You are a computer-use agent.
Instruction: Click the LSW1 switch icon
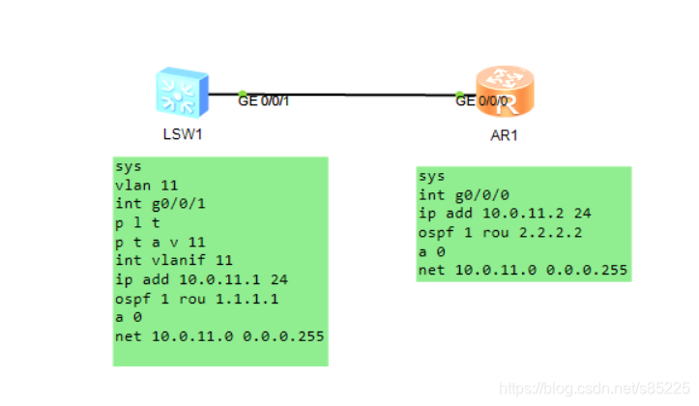tap(181, 93)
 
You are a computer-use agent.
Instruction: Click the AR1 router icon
tap(503, 93)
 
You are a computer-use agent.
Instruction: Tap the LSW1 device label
tap(183, 134)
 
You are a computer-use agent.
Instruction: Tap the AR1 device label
tap(505, 135)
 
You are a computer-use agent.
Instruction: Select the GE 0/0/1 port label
tap(264, 100)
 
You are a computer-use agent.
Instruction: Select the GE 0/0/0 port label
tap(481, 101)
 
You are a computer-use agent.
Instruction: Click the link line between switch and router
tap(358, 95)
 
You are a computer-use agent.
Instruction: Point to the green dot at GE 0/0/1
tap(243, 93)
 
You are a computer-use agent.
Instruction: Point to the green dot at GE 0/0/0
tap(460, 95)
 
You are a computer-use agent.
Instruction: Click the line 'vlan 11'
tap(146, 184)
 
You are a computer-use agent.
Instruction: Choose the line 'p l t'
tap(135, 221)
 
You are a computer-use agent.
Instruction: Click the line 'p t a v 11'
tap(160, 241)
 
